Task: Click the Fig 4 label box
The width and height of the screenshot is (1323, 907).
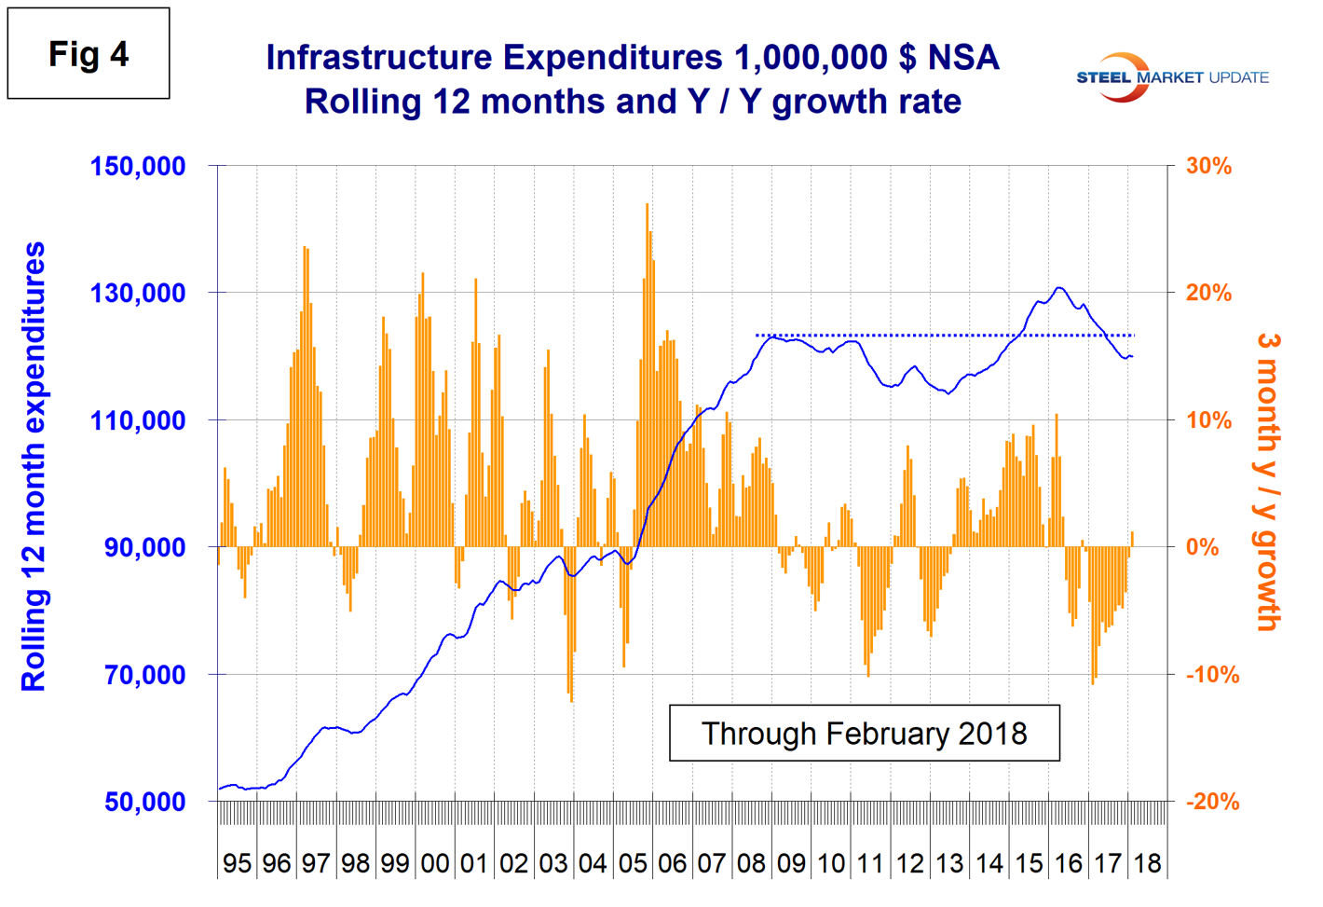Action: [89, 54]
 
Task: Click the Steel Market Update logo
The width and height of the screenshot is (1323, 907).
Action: [1171, 77]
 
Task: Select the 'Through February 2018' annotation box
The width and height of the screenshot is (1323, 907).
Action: [864, 734]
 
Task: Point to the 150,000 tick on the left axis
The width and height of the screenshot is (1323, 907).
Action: [138, 167]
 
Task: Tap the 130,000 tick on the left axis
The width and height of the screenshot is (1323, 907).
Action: [138, 294]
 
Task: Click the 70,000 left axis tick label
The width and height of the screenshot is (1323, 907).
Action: [144, 675]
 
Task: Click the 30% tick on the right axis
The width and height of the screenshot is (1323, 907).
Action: [1208, 167]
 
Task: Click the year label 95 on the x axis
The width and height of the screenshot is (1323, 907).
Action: [237, 863]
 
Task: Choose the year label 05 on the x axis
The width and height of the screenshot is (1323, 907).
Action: [633, 863]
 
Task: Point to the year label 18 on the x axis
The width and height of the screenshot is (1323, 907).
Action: [1147, 863]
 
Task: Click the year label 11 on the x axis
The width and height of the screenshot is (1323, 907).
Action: [870, 863]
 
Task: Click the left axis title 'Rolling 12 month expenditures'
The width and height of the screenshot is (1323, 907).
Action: [34, 466]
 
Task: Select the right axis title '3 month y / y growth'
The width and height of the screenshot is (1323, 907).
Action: [1268, 482]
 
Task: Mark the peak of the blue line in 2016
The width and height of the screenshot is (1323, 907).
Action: [1058, 288]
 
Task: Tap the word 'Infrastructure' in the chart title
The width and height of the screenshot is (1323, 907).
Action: [378, 58]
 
